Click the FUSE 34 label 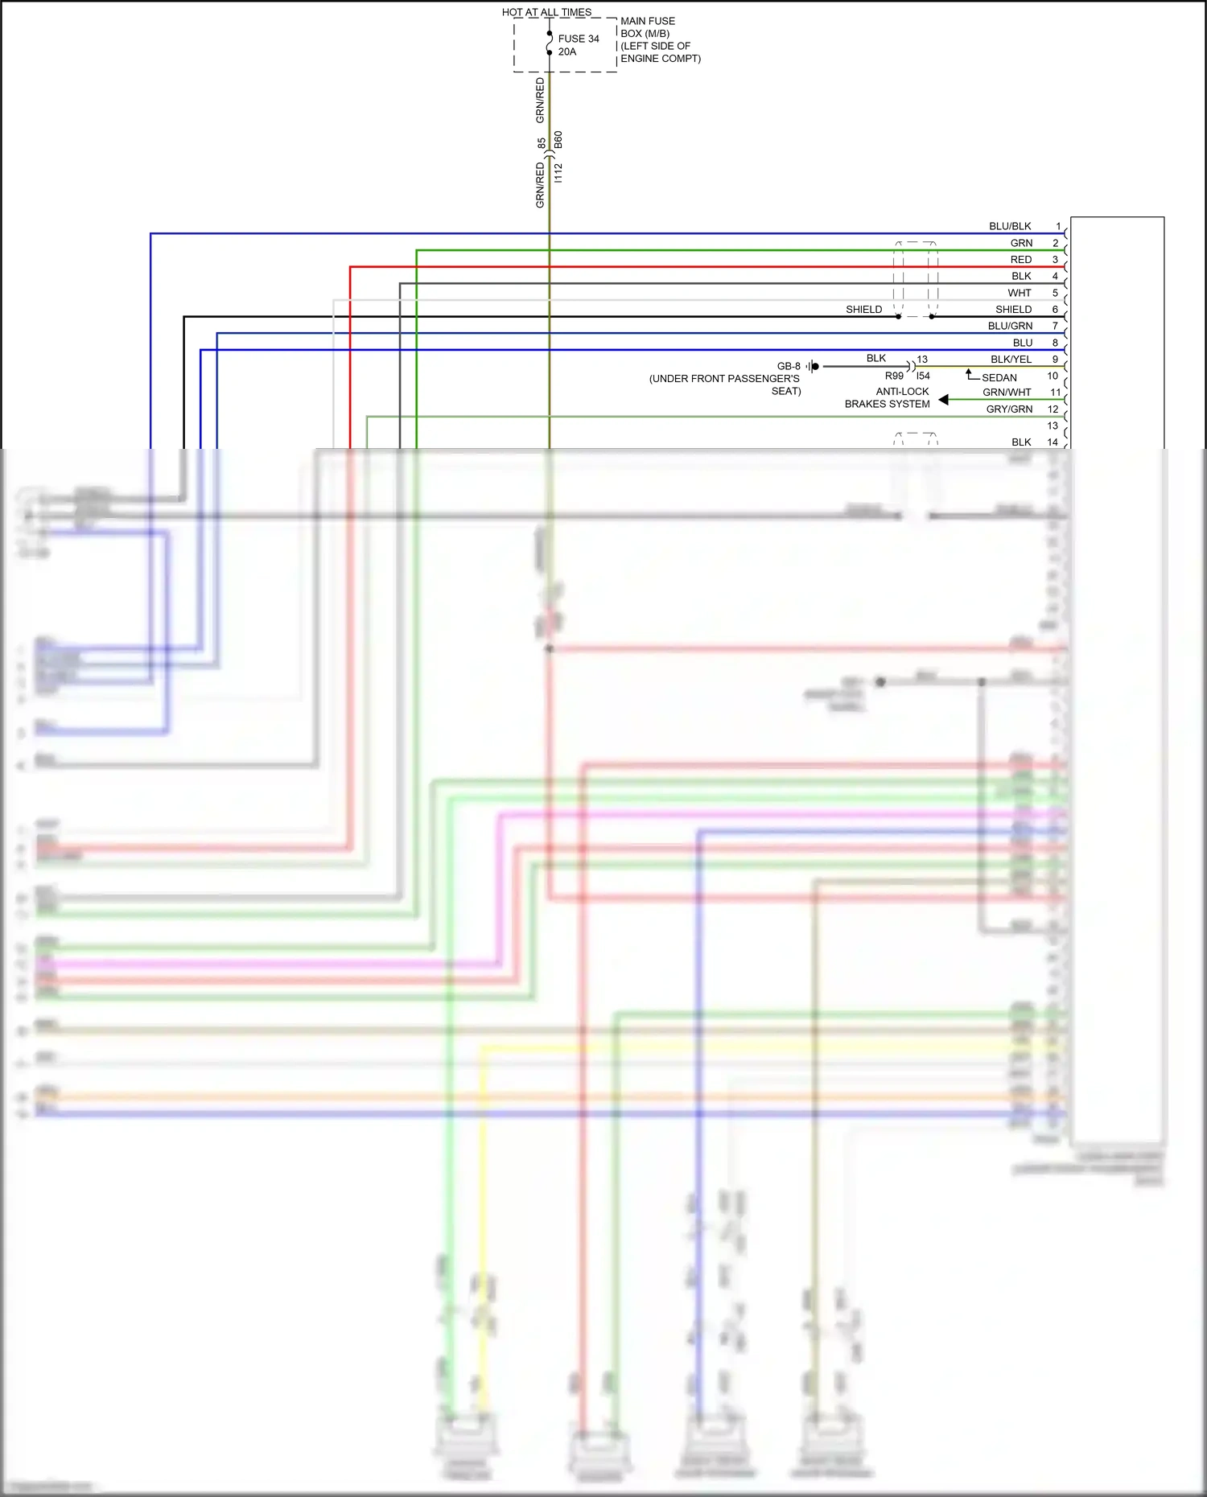point(578,39)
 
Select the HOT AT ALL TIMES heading point(546,12)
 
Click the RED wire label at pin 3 point(1020,260)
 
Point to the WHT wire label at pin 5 point(1019,293)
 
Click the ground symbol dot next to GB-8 point(815,367)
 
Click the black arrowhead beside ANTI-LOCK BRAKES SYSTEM point(943,400)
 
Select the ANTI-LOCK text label point(902,392)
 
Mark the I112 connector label point(558,172)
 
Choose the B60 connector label point(558,139)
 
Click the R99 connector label point(893,376)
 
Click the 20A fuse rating point(566,51)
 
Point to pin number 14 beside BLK point(1052,442)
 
